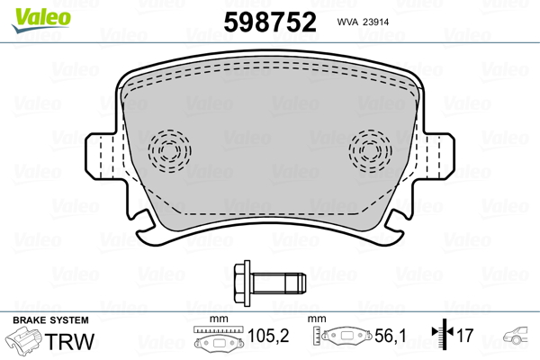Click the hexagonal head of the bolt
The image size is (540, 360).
pos(240,281)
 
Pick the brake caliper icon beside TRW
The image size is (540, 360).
pos(25,343)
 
